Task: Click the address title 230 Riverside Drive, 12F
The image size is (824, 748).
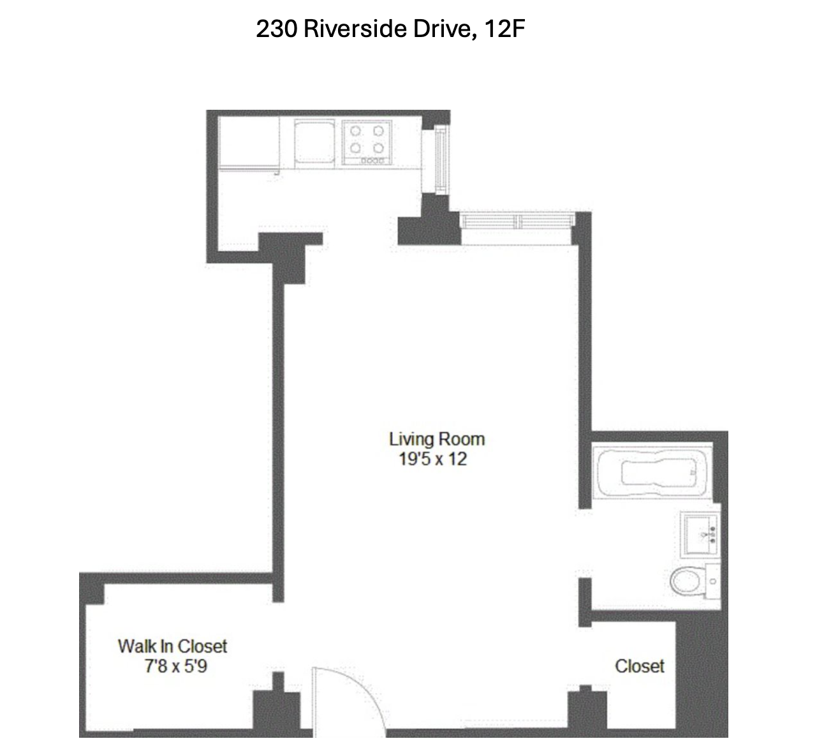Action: (x=390, y=29)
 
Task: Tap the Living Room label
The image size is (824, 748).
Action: (x=436, y=439)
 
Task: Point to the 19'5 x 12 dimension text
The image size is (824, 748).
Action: (x=432, y=459)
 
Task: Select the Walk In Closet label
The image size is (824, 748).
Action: (x=172, y=646)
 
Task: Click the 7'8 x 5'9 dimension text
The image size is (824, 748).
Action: (x=175, y=666)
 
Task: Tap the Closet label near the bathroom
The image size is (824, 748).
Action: (x=639, y=666)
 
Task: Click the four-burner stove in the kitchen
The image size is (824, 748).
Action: (x=367, y=144)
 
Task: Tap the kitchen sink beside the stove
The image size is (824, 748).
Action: (x=314, y=144)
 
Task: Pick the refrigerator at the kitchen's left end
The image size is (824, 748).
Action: (x=249, y=144)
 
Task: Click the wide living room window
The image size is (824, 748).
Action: (x=517, y=221)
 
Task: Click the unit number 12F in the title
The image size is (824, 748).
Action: (x=504, y=29)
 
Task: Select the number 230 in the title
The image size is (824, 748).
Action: (x=276, y=29)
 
